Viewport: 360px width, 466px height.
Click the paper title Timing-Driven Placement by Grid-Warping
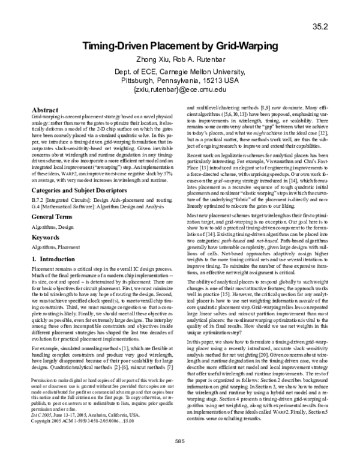point(180,47)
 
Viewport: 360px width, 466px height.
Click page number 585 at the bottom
point(180,458)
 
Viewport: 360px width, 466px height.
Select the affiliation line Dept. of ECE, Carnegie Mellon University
point(181,70)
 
